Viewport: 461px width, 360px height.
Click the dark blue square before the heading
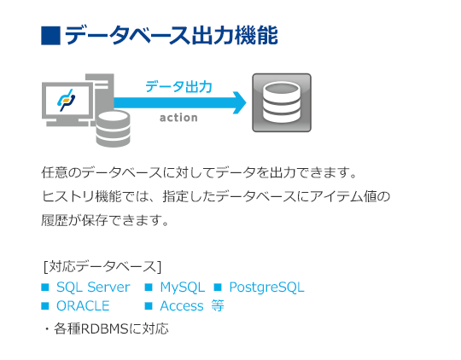coord(51,36)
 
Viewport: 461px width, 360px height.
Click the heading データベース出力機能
coord(171,36)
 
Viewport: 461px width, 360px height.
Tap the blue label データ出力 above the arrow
coord(178,87)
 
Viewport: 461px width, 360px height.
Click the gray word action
coord(178,118)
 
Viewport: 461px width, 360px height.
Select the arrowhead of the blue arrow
coord(240,102)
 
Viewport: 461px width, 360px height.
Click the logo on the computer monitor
coord(66,100)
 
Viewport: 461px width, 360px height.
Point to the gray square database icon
coord(282,102)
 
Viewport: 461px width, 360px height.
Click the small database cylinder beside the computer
coord(114,129)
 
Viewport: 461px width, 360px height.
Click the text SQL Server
coord(93,287)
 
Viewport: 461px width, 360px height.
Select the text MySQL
coord(183,287)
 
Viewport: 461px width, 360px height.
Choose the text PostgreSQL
coord(266,287)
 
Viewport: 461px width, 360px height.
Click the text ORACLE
coord(83,306)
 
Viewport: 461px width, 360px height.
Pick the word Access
coord(182,306)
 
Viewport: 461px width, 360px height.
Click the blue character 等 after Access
coord(218,305)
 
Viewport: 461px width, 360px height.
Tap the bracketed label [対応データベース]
coord(102,266)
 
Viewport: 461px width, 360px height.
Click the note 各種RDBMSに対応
coord(111,328)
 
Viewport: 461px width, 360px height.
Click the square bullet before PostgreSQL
coord(218,287)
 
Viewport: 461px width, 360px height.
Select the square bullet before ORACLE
coord(45,306)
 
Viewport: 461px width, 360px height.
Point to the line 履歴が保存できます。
coord(105,220)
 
